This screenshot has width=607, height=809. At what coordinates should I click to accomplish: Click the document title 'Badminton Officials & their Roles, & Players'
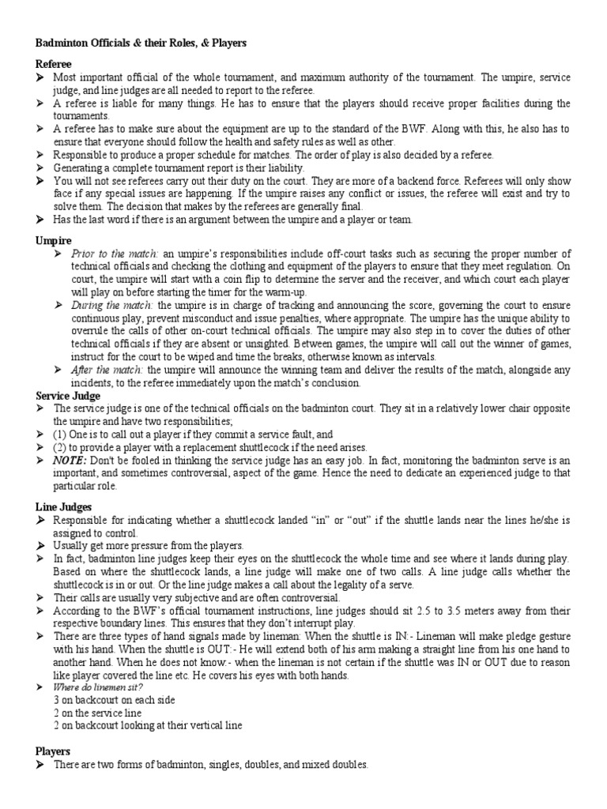tap(141, 44)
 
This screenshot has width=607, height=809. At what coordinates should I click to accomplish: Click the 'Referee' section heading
tap(54, 63)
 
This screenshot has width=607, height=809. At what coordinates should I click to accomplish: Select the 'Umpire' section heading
tap(54, 239)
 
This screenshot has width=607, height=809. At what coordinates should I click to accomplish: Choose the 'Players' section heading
tap(53, 751)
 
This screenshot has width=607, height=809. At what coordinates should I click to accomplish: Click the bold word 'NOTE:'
tap(69, 460)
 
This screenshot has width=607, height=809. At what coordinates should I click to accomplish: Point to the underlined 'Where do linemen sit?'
tap(92, 688)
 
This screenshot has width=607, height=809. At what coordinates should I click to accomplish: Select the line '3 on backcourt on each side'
tap(114, 700)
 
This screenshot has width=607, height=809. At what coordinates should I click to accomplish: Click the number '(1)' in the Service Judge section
tap(62, 435)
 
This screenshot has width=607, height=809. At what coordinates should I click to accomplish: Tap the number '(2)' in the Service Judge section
tap(62, 447)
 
